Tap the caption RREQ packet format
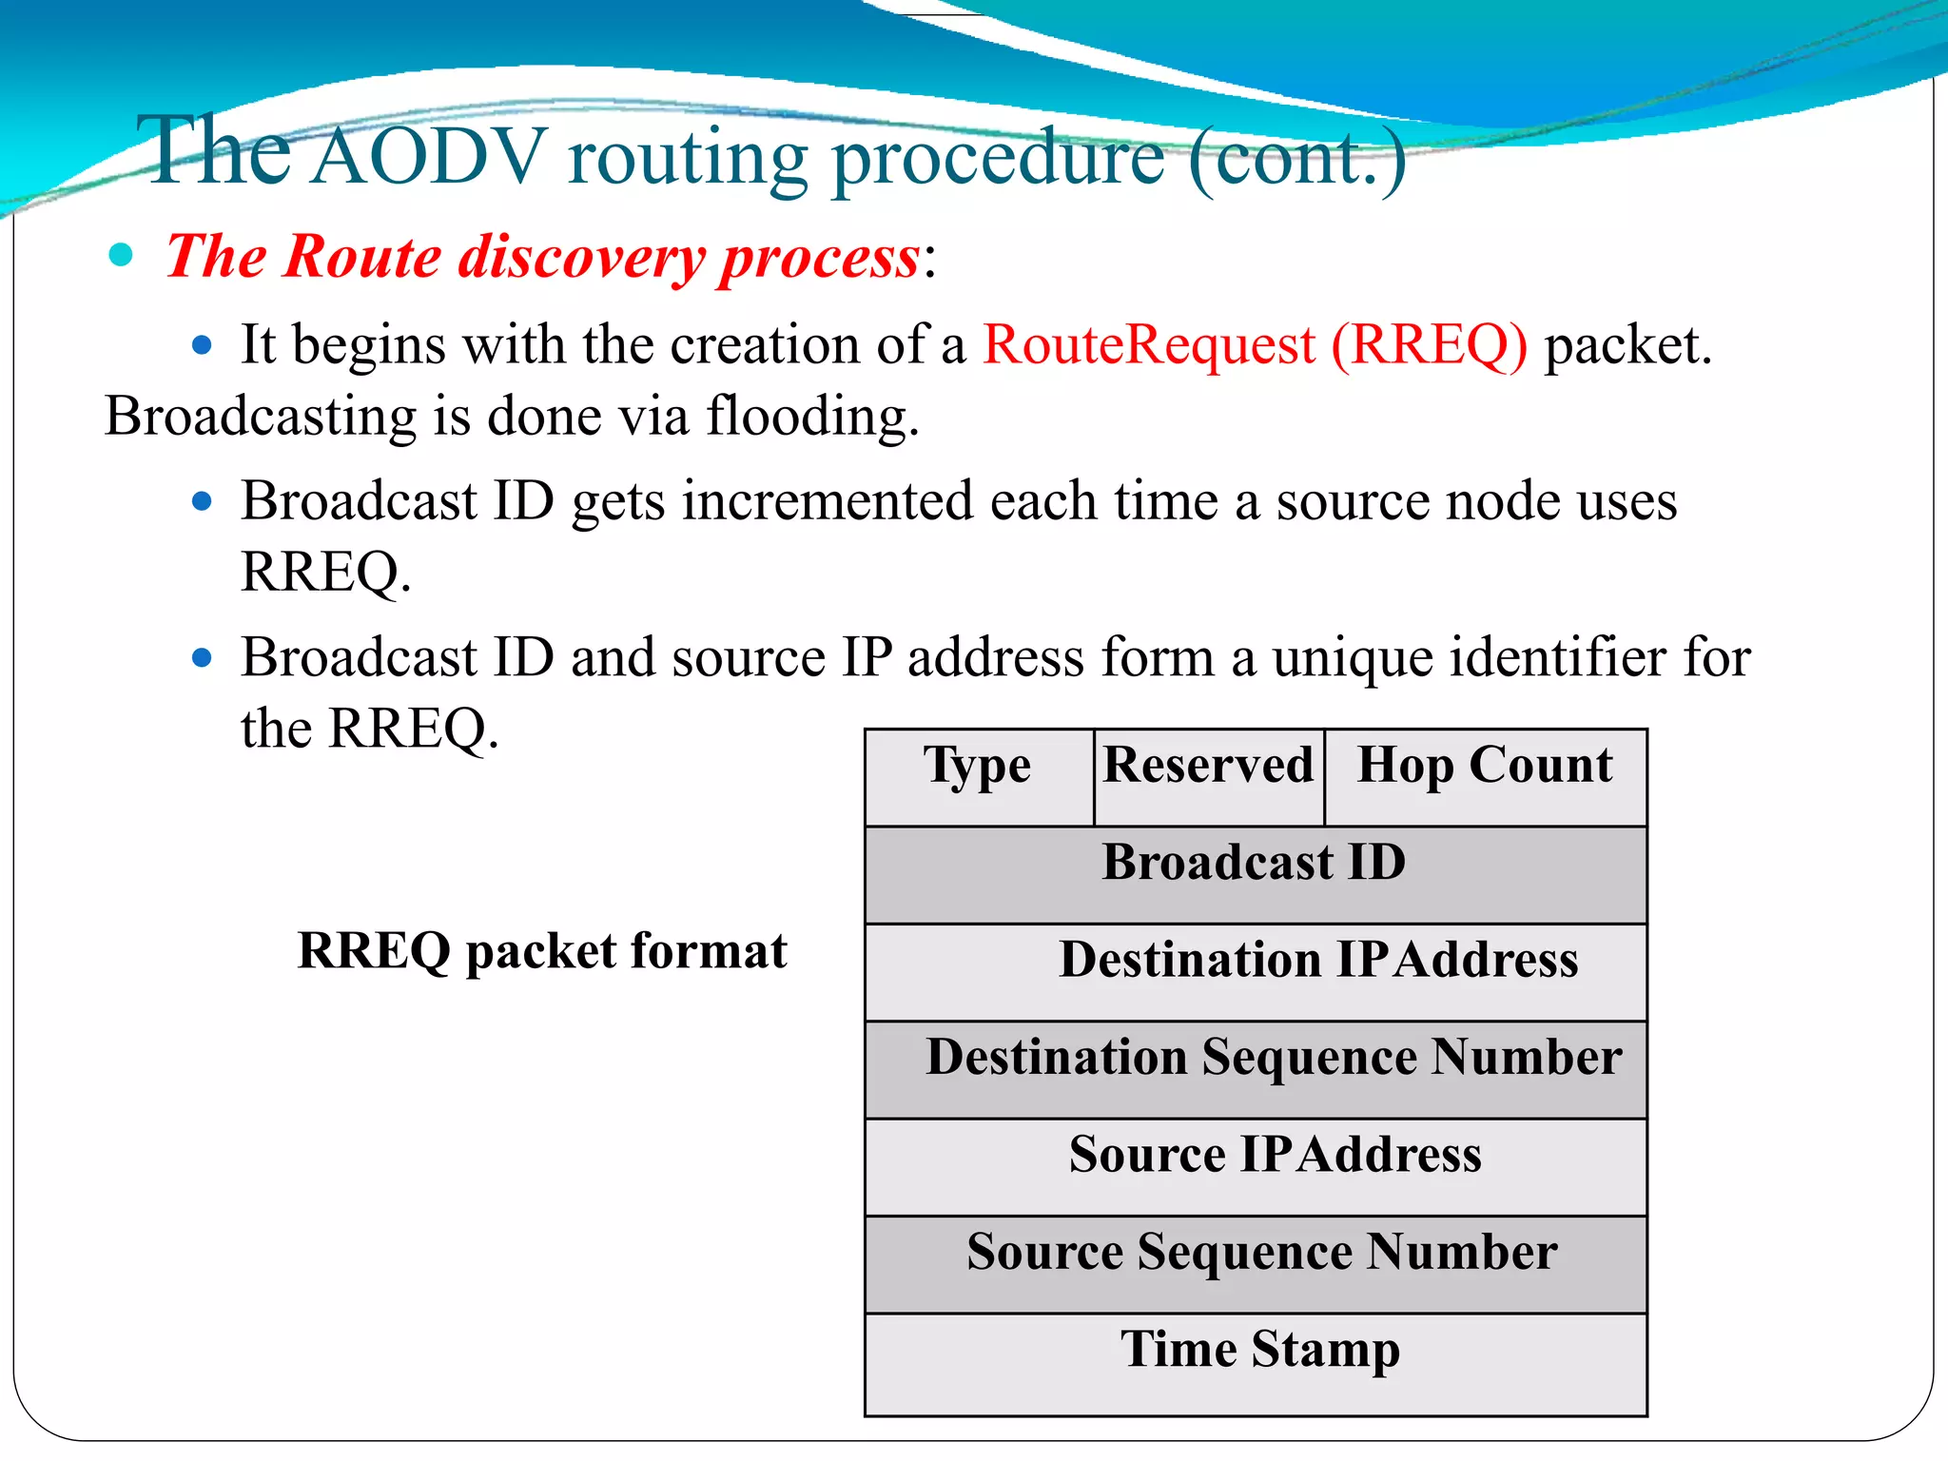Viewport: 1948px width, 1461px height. pyautogui.click(x=542, y=952)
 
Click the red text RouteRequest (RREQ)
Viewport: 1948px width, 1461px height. pyautogui.click(x=1255, y=345)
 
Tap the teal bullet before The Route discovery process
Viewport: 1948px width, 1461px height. pyautogui.click(x=121, y=255)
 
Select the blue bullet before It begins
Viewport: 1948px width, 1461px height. pyautogui.click(x=202, y=345)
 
